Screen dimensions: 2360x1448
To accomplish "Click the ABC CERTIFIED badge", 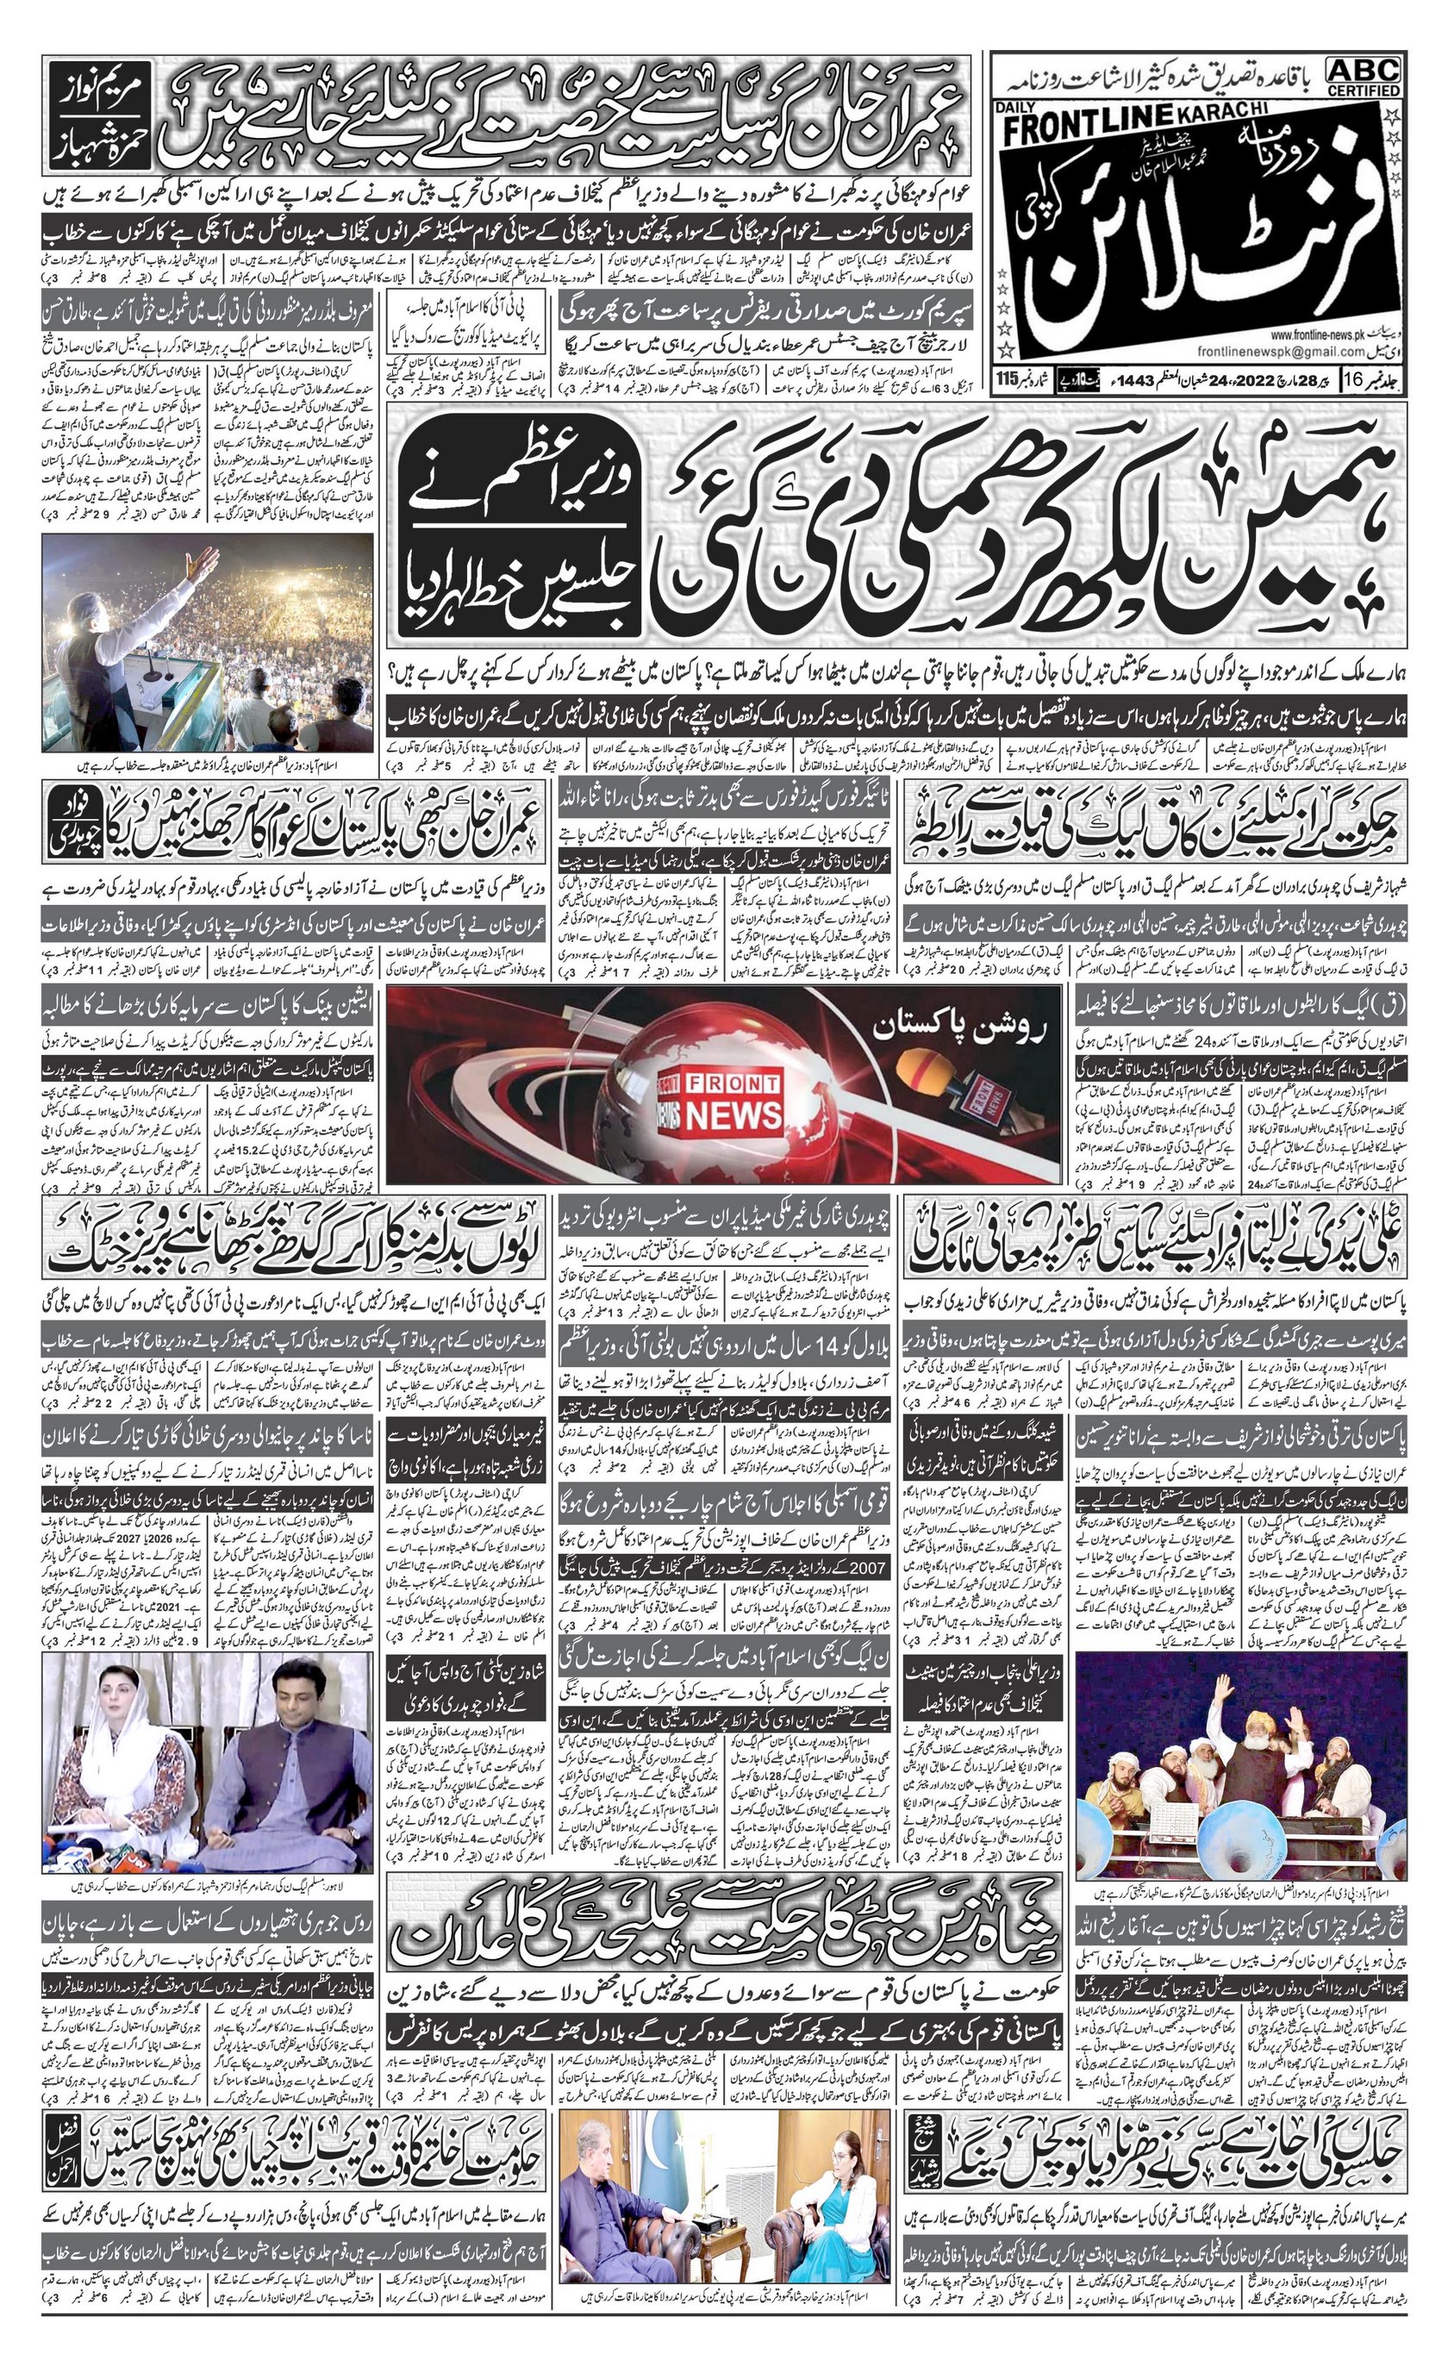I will coord(1364,76).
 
